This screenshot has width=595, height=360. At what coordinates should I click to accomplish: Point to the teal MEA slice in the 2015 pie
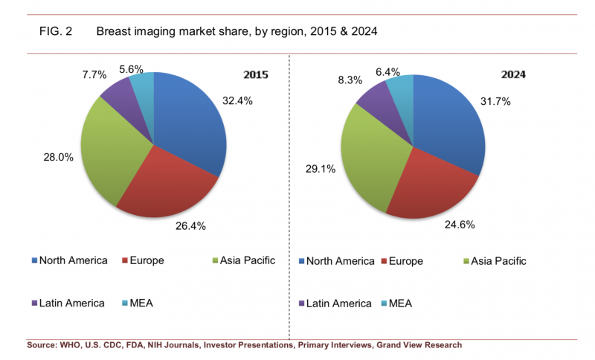pyautogui.click(x=143, y=87)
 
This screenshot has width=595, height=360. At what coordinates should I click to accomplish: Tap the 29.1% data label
pyautogui.click(x=321, y=169)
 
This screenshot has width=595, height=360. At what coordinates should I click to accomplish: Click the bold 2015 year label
pyautogui.click(x=256, y=75)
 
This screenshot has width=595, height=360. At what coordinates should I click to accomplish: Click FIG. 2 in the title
pyautogui.click(x=55, y=32)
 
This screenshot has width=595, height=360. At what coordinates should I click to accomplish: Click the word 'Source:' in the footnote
pyautogui.click(x=45, y=345)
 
